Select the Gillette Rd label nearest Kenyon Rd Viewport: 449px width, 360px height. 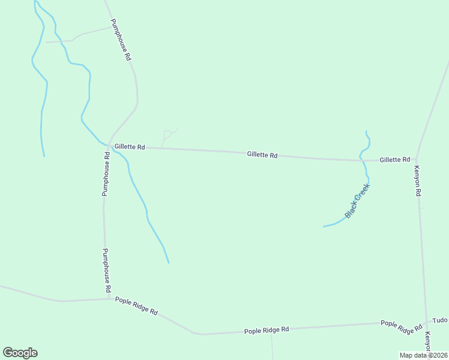tap(394, 160)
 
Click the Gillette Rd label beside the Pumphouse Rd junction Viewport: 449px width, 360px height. tap(130, 146)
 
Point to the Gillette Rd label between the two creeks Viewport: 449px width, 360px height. tap(262, 155)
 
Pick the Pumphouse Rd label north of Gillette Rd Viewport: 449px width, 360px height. tap(121, 40)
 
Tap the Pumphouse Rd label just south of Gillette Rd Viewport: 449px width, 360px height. tap(106, 173)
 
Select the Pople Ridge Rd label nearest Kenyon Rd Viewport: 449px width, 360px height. tap(402, 327)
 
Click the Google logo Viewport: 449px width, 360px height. tap(20, 353)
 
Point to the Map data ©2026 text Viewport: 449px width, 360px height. tap(423, 355)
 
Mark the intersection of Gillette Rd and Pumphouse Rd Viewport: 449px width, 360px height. tap(108, 146)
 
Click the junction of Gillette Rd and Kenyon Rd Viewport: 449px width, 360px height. tap(417, 160)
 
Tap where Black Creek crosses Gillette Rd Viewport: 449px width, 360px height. tap(361, 159)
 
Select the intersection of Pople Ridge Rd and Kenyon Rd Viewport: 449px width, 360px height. tap(427, 323)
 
